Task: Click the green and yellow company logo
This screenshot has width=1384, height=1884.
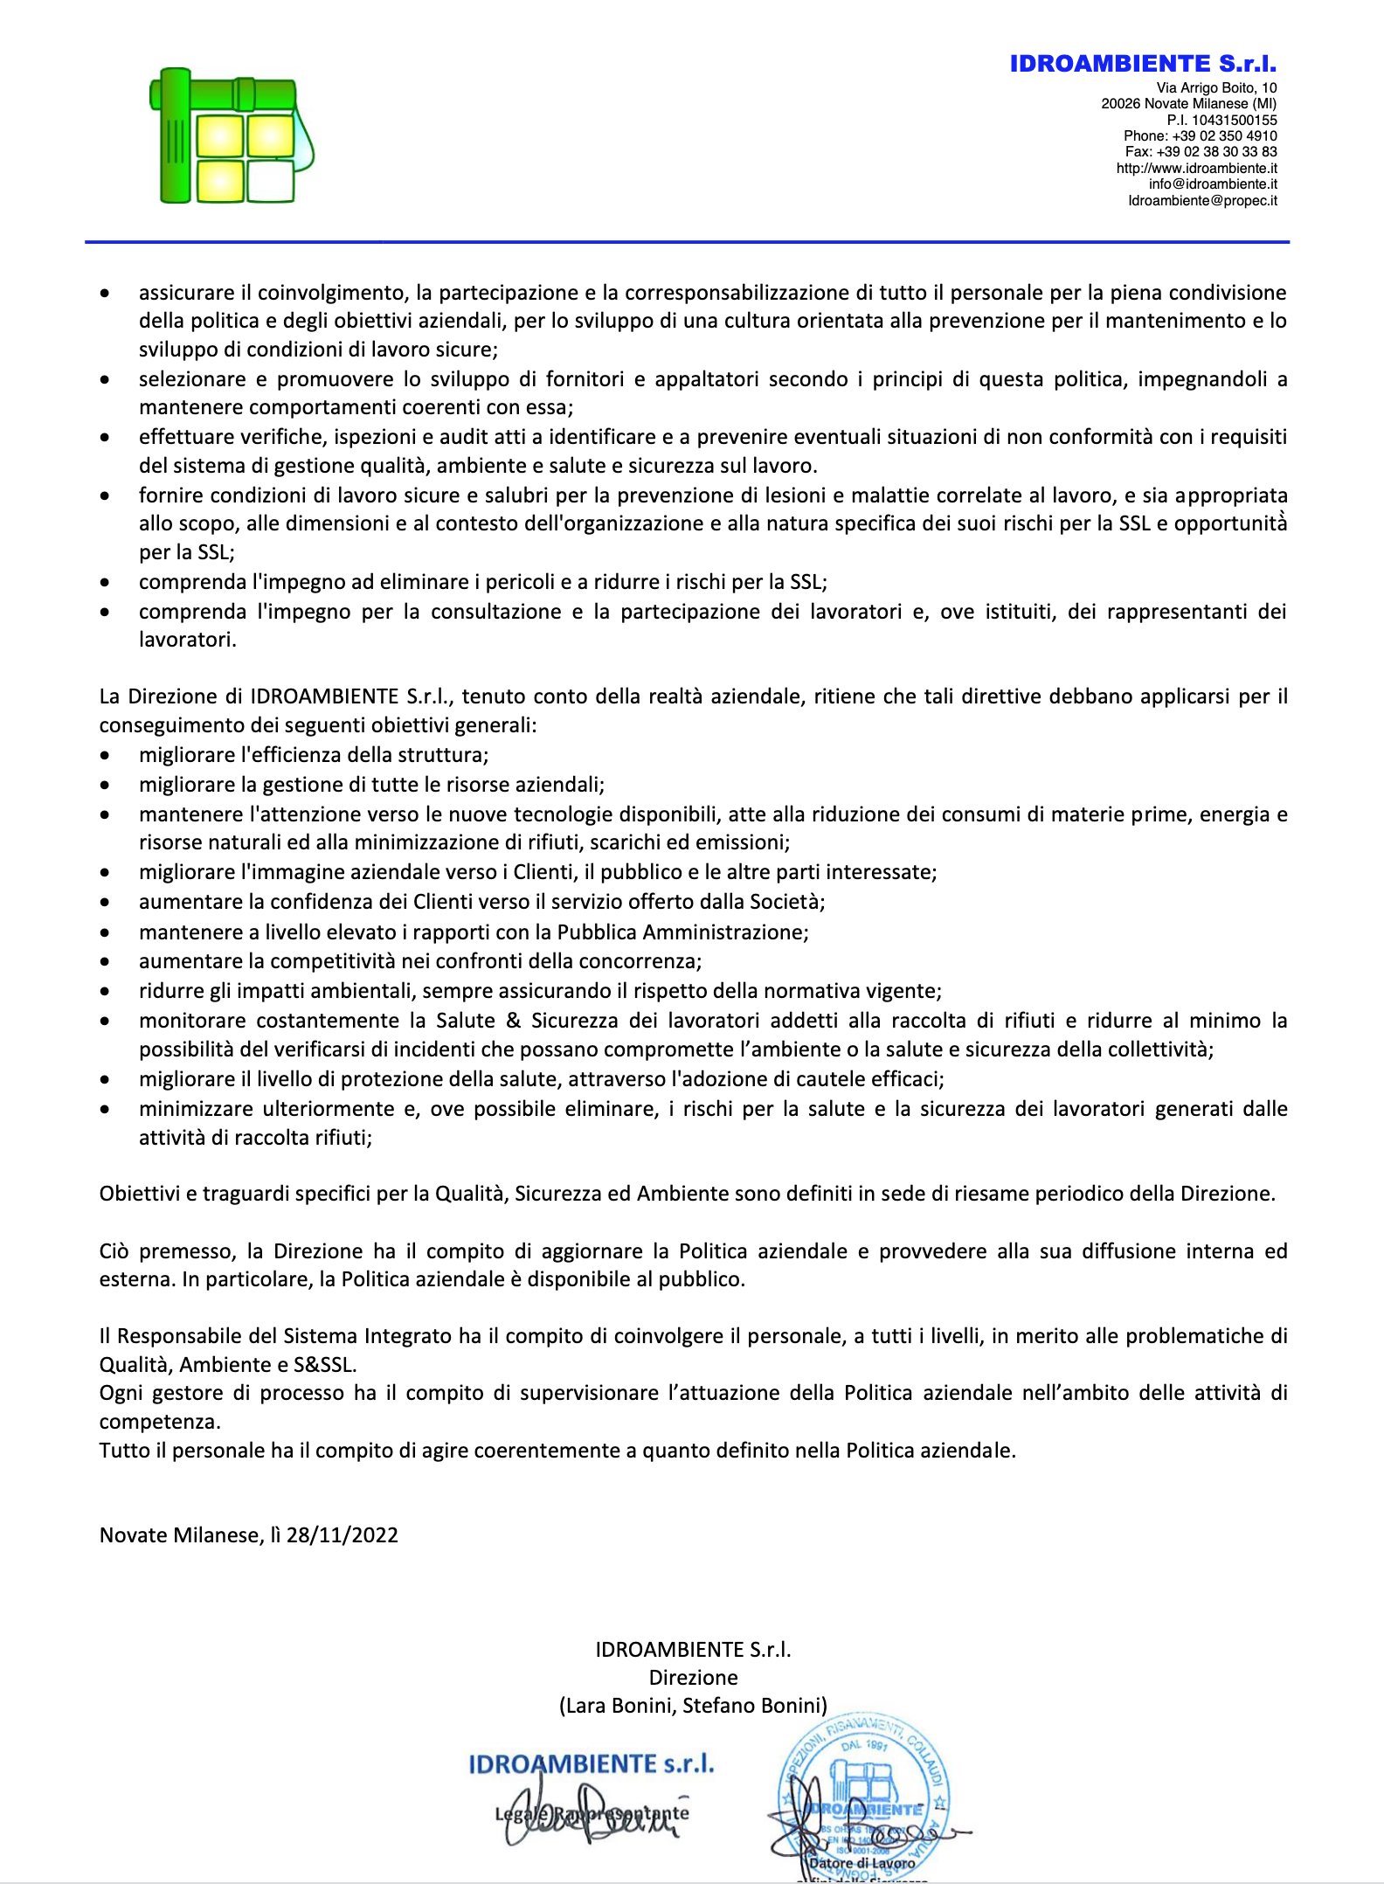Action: point(232,135)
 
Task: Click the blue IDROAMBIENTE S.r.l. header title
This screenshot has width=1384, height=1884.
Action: point(1143,64)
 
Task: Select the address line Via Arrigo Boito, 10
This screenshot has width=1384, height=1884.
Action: point(1216,87)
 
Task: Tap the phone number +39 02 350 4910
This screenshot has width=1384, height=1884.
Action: point(1224,135)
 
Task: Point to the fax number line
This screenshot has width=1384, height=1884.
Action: point(1201,151)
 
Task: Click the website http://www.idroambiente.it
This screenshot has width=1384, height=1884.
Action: point(1196,168)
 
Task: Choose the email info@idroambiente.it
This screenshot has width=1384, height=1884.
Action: point(1213,184)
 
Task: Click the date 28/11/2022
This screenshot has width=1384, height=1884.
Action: point(342,1535)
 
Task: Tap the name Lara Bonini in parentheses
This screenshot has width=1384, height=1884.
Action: point(618,1705)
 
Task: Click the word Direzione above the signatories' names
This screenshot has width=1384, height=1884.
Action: point(693,1677)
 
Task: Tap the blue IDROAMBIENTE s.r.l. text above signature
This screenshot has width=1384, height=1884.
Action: point(592,1764)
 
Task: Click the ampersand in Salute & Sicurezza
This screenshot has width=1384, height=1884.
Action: point(513,1020)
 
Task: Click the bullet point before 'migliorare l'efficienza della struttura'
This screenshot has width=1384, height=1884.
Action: point(105,755)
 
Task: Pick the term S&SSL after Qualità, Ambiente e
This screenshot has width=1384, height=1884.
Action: point(324,1364)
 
